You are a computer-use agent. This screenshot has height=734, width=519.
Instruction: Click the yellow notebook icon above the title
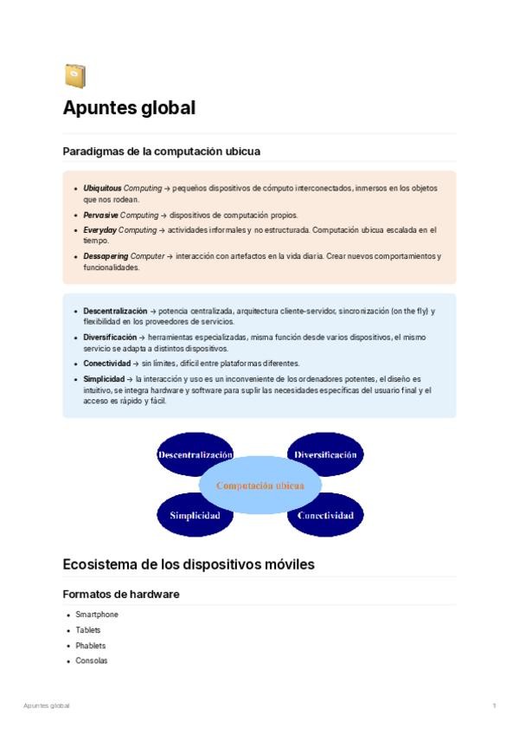point(74,77)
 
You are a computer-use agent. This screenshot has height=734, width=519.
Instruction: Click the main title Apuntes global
point(129,108)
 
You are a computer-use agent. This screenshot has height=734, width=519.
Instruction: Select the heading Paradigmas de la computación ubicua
point(161,151)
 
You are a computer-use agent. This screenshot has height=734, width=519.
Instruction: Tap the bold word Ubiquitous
point(103,188)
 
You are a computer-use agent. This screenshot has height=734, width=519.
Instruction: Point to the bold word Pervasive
point(100,215)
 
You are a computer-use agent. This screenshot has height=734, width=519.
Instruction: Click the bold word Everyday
point(99,230)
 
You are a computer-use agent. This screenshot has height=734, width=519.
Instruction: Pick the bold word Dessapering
point(106,257)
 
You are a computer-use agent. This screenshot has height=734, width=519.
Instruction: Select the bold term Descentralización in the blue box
point(115,311)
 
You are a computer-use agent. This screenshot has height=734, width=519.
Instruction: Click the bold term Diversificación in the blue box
point(110,338)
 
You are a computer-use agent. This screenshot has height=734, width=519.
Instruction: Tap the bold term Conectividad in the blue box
point(106,364)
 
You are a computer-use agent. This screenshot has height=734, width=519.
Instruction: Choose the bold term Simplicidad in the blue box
point(104,379)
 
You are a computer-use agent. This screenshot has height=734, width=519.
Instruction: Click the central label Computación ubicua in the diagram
point(259,486)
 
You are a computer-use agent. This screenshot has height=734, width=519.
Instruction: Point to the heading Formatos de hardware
point(121,594)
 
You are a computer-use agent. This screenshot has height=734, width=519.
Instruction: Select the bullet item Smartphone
point(97,615)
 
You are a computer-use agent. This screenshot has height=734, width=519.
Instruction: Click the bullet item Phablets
point(90,646)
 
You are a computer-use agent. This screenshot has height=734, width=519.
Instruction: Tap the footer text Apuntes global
point(47,705)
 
